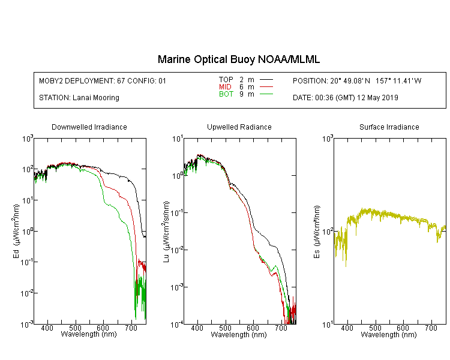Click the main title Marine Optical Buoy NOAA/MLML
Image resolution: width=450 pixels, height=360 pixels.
pyautogui.click(x=238, y=59)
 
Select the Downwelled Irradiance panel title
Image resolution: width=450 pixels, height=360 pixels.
pyautogui.click(x=89, y=127)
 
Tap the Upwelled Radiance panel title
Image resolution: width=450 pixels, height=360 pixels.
pyautogui.click(x=239, y=127)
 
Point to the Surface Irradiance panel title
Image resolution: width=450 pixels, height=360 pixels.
pyautogui.click(x=389, y=127)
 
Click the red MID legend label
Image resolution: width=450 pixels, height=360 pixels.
pyautogui.click(x=225, y=86)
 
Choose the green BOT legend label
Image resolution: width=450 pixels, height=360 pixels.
pyautogui.click(x=226, y=94)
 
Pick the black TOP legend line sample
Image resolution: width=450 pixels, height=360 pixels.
pyautogui.click(x=266, y=79)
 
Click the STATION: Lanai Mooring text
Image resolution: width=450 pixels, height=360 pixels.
pyautogui.click(x=79, y=98)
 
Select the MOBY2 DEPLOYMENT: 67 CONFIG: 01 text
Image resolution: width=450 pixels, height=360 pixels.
pyautogui.click(x=103, y=81)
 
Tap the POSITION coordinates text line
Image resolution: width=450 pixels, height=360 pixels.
pyautogui.click(x=357, y=81)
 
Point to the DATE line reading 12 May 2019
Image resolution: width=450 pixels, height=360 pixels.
pyautogui.click(x=346, y=98)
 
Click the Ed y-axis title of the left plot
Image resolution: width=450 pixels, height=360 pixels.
pyautogui.click(x=16, y=232)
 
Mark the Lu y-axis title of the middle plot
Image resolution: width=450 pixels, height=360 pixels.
pyautogui.click(x=166, y=232)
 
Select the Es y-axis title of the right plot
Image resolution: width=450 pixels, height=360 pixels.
pyautogui.click(x=317, y=232)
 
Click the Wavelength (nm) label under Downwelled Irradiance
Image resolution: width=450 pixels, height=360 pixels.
pyautogui.click(x=89, y=334)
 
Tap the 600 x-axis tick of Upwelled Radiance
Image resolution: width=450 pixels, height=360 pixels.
pyautogui.click(x=253, y=328)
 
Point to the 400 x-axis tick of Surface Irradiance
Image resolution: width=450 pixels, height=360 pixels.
pyautogui.click(x=347, y=328)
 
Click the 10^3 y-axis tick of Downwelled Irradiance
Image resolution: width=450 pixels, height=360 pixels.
pyautogui.click(x=28, y=139)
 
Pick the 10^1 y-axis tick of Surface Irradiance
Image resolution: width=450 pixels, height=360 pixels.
pyautogui.click(x=328, y=325)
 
